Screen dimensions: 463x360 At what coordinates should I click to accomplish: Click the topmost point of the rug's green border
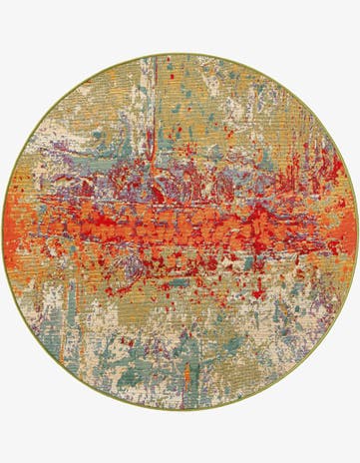click(180, 53)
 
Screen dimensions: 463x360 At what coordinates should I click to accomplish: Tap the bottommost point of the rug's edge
click(180, 410)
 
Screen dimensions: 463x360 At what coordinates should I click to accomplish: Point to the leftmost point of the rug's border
click(2, 231)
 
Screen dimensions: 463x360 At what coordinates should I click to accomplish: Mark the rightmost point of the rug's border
click(357, 231)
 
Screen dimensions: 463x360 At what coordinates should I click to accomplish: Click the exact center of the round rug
click(180, 231)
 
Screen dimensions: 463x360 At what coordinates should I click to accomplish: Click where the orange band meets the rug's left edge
click(8, 239)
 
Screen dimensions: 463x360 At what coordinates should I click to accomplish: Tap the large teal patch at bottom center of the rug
click(170, 374)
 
